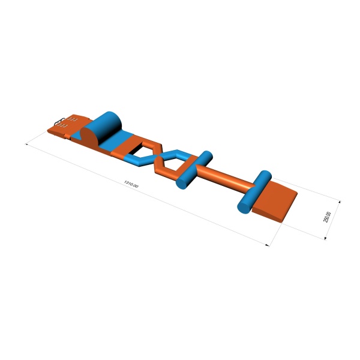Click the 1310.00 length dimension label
(x=131, y=184)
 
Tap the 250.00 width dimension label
(x=327, y=217)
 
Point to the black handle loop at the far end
(x=59, y=122)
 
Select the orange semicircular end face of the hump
(x=91, y=136)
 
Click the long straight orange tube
(x=225, y=176)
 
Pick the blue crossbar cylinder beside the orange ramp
(x=254, y=192)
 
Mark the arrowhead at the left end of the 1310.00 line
(x=26, y=144)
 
